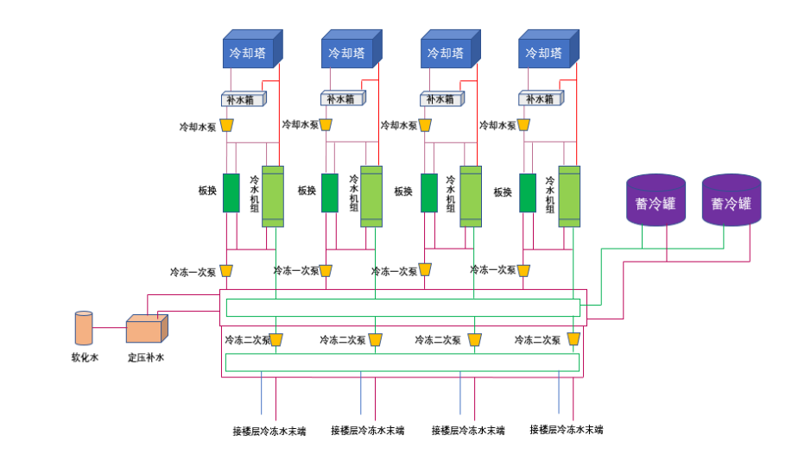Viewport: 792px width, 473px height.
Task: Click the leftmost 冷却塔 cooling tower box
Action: click(249, 52)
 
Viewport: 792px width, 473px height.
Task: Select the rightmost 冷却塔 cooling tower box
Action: click(545, 52)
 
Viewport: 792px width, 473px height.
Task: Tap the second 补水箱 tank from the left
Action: click(342, 99)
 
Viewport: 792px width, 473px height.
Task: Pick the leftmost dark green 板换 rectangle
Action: click(231, 192)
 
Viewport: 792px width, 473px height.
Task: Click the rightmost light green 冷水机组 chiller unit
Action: click(569, 196)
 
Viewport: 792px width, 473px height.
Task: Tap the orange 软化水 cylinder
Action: click(84, 329)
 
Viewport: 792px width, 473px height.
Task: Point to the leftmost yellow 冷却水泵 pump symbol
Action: click(227, 125)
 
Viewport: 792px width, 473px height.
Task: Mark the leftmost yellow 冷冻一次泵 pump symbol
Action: click(226, 271)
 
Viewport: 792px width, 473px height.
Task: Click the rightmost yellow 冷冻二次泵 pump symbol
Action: click(573, 339)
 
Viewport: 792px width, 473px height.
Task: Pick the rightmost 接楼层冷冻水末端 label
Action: click(566, 429)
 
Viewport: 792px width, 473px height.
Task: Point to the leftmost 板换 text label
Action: click(206, 191)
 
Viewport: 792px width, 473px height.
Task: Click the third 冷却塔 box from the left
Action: click(447, 52)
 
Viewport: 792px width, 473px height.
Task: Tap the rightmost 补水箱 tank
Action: click(540, 99)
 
